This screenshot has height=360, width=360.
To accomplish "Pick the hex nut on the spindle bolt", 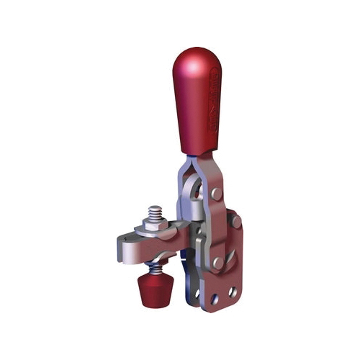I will (x=154, y=227).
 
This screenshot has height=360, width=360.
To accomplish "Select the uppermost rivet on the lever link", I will (x=217, y=194).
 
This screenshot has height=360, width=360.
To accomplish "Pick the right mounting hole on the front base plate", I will (x=232, y=292).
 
